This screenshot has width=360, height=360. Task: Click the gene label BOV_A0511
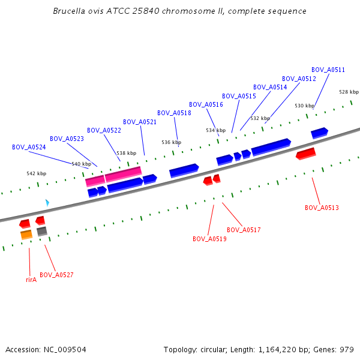tap(328, 70)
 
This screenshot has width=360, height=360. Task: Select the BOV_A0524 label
tap(29, 147)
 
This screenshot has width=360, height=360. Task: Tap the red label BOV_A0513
tap(322, 208)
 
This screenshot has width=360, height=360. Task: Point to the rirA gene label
tap(31, 280)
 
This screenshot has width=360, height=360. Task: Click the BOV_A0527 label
tap(56, 275)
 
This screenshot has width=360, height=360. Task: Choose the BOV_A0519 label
tap(209, 239)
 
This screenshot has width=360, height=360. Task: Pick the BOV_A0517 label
tap(244, 230)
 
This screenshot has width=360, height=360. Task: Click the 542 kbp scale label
tap(36, 173)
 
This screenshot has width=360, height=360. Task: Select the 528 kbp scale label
tap(349, 92)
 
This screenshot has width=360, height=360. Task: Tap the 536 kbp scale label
tap(171, 142)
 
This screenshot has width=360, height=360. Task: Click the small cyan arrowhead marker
tap(47, 203)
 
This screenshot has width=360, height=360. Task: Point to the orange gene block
tap(26, 235)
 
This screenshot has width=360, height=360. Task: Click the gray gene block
tap(42, 231)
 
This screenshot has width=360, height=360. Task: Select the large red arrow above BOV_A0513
tap(306, 154)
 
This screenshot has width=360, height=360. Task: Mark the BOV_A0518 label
tap(174, 113)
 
